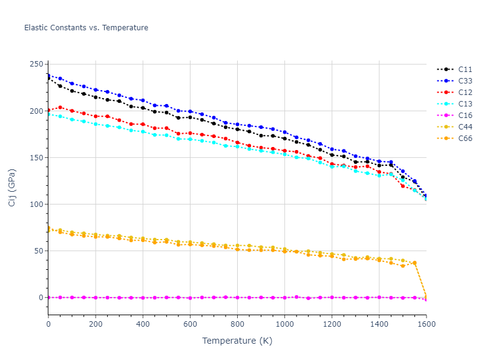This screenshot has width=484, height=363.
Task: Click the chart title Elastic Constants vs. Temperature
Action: coord(86,28)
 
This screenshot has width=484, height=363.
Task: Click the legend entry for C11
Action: coord(465,70)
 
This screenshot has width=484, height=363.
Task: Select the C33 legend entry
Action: coord(465,81)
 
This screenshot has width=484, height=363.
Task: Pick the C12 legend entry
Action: coord(465,93)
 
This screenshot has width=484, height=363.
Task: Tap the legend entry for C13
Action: coord(465,104)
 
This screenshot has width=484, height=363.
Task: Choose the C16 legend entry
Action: coord(465,116)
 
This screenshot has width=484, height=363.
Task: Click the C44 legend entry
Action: coord(465,127)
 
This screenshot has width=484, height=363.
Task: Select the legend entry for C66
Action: coord(465,139)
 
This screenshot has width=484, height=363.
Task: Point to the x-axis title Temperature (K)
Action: coord(237,341)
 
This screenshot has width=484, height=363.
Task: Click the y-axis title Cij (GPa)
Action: coord(12,188)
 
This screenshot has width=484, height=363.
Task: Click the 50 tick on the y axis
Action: coord(39,251)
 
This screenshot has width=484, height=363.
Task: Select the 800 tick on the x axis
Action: coord(237,325)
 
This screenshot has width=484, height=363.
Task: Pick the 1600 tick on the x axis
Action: coord(426,325)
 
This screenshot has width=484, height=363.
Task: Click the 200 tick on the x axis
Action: coord(96,325)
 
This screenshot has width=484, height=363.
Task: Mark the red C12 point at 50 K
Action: coord(60,108)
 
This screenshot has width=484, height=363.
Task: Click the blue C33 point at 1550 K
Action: coord(414,181)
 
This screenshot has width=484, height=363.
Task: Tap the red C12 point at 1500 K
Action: coord(402,186)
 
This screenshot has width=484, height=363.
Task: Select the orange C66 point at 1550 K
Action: coord(414,263)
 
